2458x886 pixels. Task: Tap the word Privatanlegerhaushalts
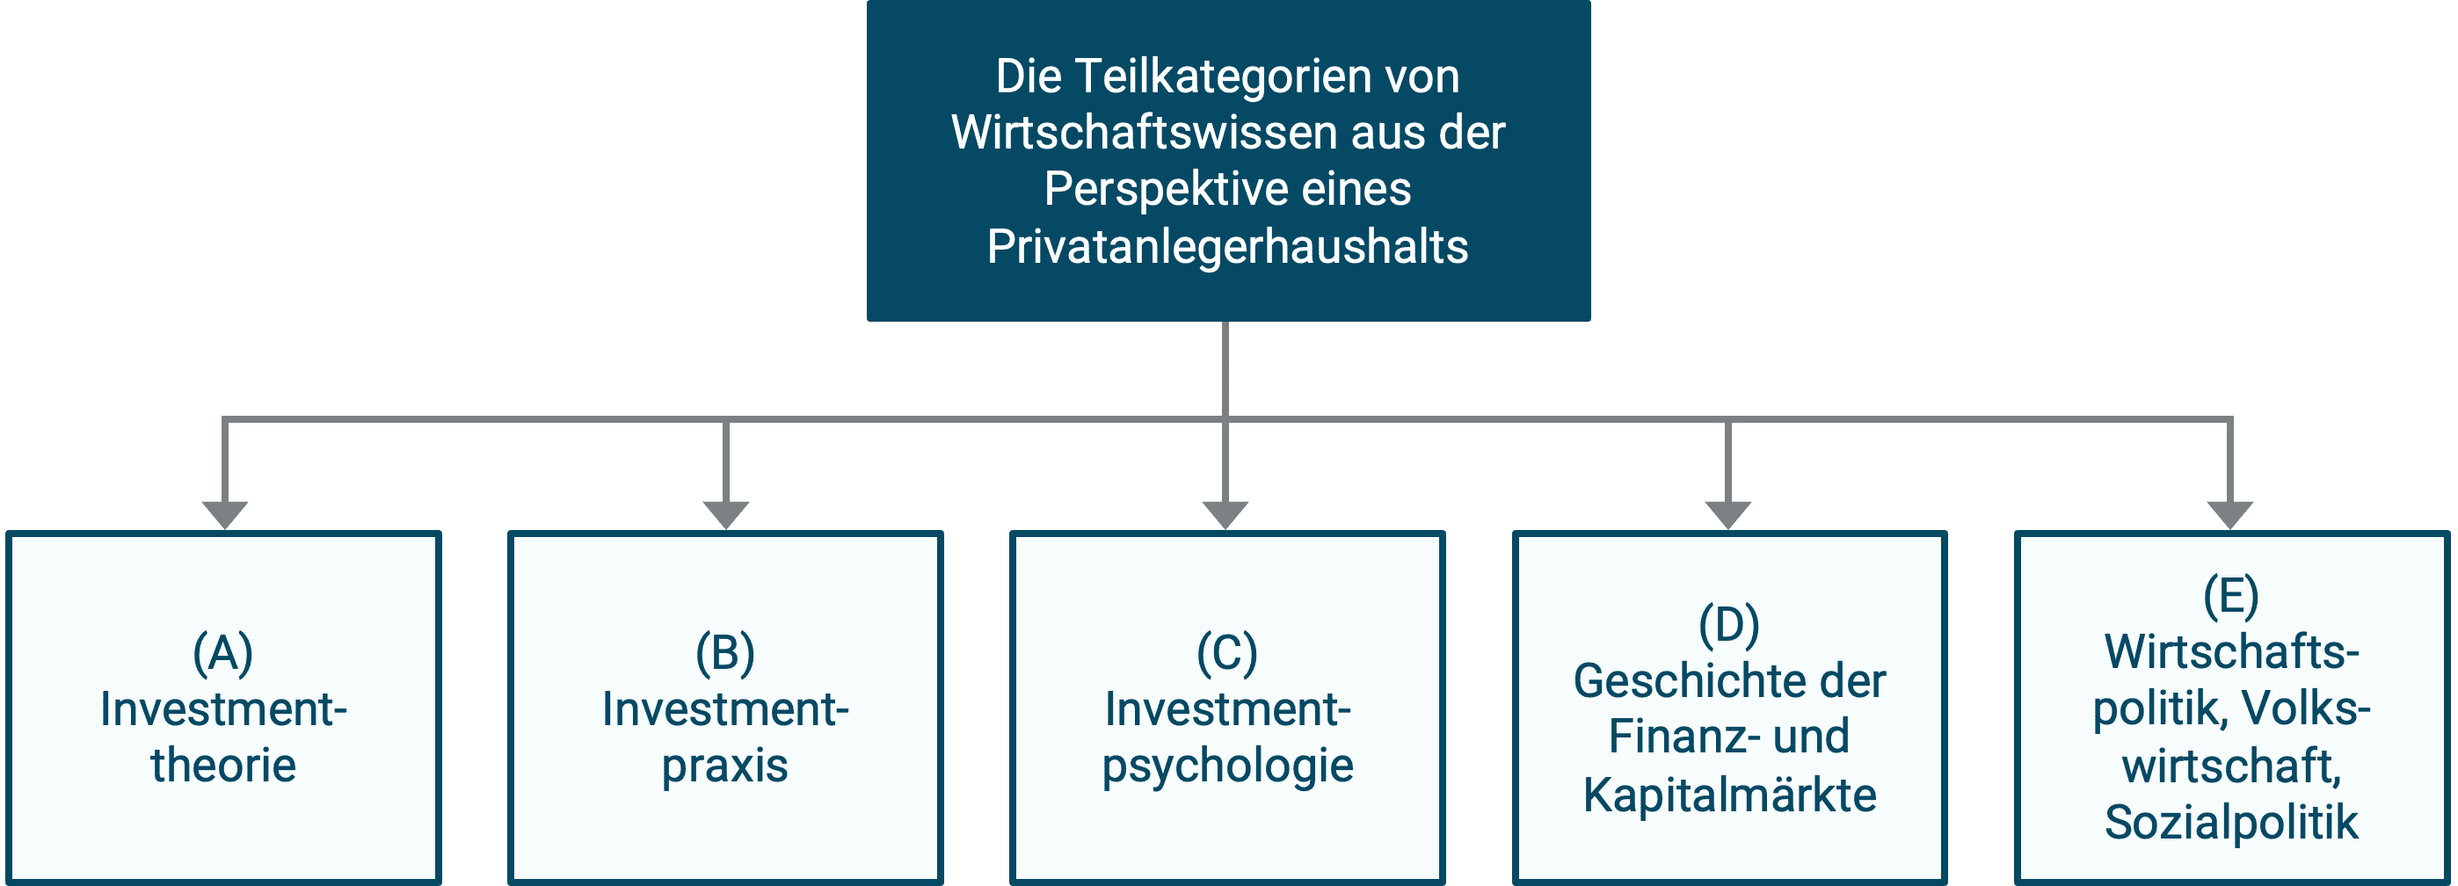click(x=1228, y=247)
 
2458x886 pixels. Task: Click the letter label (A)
click(x=223, y=653)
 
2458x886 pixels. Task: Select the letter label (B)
click(x=725, y=653)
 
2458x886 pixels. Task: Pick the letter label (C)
click(x=1227, y=653)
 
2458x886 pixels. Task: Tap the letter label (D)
click(x=1729, y=625)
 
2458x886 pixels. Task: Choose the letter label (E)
click(x=2231, y=596)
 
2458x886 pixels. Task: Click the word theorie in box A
click(x=223, y=766)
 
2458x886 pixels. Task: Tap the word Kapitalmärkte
click(x=1730, y=795)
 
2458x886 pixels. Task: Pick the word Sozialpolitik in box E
click(x=2232, y=823)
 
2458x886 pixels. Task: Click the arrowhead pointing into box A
click(x=225, y=515)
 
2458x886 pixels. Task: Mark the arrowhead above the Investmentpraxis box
click(x=726, y=515)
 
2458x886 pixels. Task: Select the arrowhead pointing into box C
click(x=1225, y=515)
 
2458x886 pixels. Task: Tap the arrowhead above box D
click(x=1728, y=515)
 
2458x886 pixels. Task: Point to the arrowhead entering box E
click(x=2230, y=515)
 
